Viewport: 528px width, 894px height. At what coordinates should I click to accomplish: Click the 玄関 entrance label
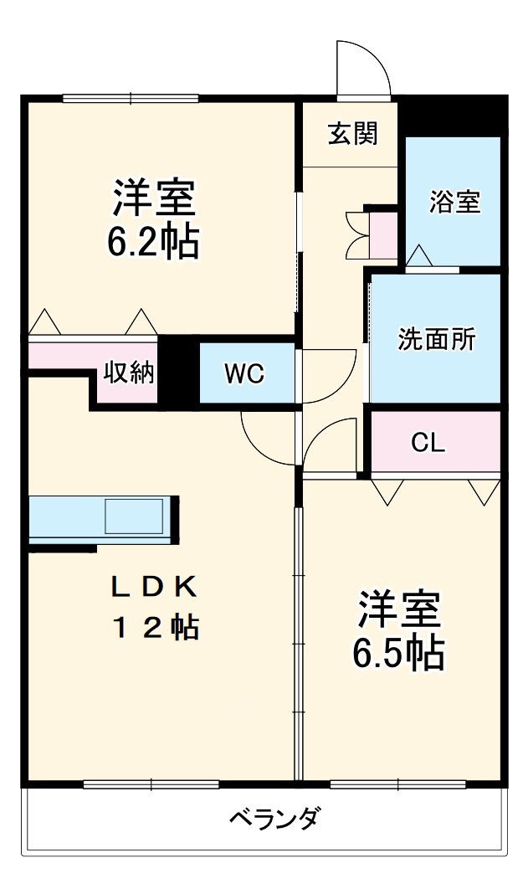pyautogui.click(x=352, y=133)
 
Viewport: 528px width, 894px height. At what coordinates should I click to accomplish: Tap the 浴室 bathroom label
pyautogui.click(x=454, y=202)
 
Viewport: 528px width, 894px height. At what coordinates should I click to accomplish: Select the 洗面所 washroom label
pyautogui.click(x=436, y=339)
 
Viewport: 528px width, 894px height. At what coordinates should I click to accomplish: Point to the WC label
pyautogui.click(x=244, y=374)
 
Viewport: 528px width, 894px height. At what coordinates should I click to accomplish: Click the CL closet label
pyautogui.click(x=428, y=444)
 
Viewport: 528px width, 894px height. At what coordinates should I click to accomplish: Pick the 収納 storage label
pyautogui.click(x=129, y=373)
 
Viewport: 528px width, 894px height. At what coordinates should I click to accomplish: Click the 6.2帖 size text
pyautogui.click(x=152, y=242)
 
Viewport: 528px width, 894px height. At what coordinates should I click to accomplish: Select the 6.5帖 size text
pyautogui.click(x=397, y=654)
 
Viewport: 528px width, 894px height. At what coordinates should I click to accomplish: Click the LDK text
pyautogui.click(x=155, y=588)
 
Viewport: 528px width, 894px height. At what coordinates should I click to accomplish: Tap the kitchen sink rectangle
pyautogui.click(x=134, y=516)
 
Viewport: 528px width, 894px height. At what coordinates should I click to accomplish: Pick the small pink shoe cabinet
pyautogui.click(x=384, y=236)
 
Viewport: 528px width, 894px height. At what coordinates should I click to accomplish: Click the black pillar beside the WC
pyautogui.click(x=178, y=371)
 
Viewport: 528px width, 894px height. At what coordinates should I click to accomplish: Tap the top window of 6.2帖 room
pyautogui.click(x=131, y=99)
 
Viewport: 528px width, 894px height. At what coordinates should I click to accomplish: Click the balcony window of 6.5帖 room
pyautogui.click(x=397, y=784)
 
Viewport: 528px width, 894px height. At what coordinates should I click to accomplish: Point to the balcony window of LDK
pyautogui.click(x=151, y=784)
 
